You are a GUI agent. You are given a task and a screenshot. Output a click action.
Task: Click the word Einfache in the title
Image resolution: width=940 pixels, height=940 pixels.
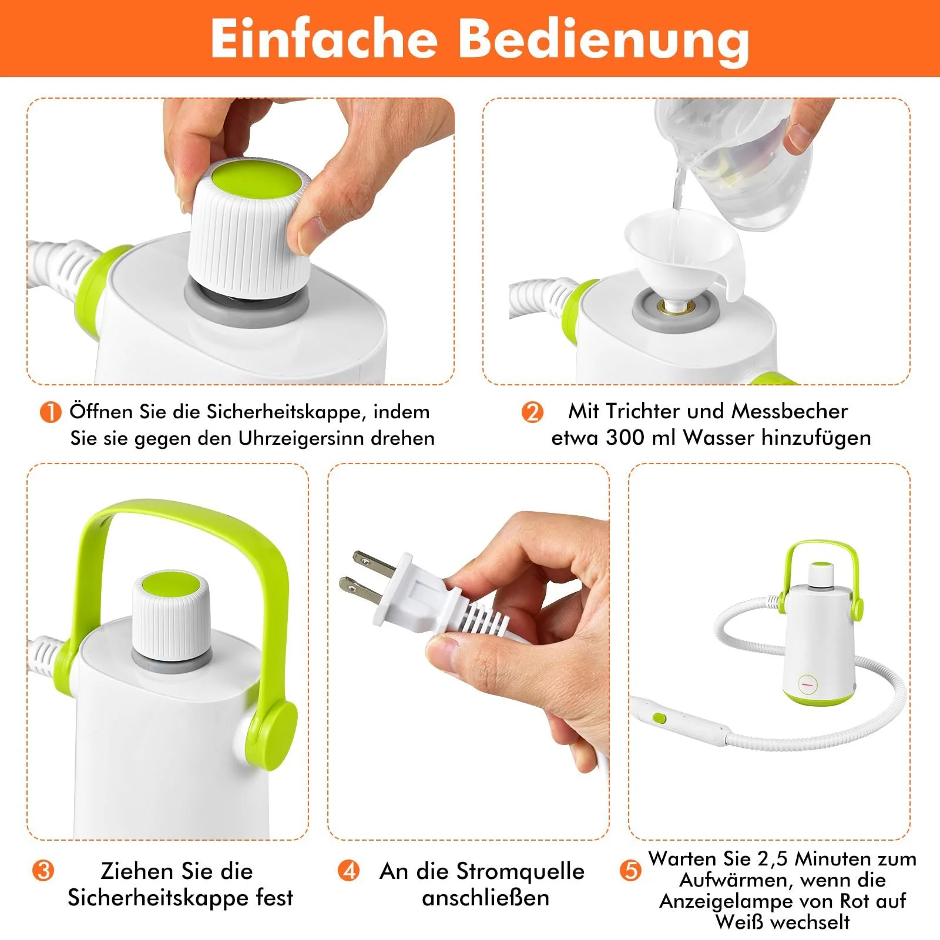tap(324, 39)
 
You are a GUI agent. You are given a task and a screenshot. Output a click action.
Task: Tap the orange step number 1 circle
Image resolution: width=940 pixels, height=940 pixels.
tap(51, 412)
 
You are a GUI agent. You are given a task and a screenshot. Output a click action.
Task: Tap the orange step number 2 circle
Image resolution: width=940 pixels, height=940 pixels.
tap(532, 412)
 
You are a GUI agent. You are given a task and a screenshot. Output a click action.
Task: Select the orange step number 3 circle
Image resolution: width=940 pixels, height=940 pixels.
tap(43, 870)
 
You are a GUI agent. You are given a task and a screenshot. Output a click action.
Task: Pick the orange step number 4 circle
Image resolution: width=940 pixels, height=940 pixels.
tap(349, 870)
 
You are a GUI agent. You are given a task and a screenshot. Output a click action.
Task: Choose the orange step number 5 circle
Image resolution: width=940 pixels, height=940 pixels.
tap(630, 870)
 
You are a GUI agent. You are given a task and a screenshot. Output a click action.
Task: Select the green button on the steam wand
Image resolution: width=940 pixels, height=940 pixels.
tap(659, 718)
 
